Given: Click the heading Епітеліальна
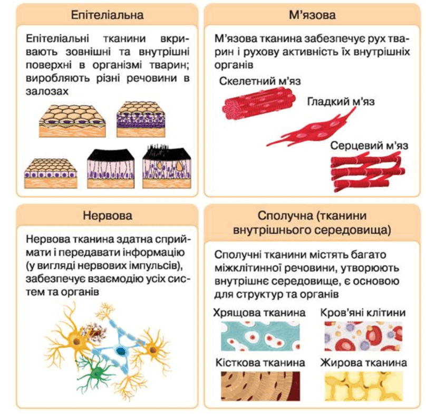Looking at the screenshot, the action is click(x=108, y=15).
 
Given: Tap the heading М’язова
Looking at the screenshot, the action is click(x=312, y=15).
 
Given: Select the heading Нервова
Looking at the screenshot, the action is click(x=108, y=216).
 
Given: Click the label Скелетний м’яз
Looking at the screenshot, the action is click(x=260, y=81).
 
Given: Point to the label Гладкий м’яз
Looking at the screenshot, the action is click(x=341, y=101).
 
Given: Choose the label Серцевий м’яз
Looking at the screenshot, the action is click(x=369, y=146).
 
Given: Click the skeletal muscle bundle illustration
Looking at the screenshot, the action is click(x=259, y=103).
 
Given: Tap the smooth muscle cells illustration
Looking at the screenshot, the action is click(x=312, y=128).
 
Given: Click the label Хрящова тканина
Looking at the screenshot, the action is click(x=259, y=313).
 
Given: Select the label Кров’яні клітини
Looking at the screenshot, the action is click(x=363, y=313).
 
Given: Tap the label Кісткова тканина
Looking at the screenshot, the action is click(x=260, y=363).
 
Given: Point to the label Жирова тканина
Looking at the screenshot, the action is click(x=363, y=363).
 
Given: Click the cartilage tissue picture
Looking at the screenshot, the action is click(x=260, y=336).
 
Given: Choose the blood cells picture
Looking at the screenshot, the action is click(x=363, y=336).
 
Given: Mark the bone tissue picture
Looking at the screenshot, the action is click(x=260, y=386).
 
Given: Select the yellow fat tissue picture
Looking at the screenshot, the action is click(x=363, y=386).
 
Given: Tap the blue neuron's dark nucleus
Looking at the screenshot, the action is click(x=121, y=351).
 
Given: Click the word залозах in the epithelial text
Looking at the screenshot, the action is click(x=47, y=91).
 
